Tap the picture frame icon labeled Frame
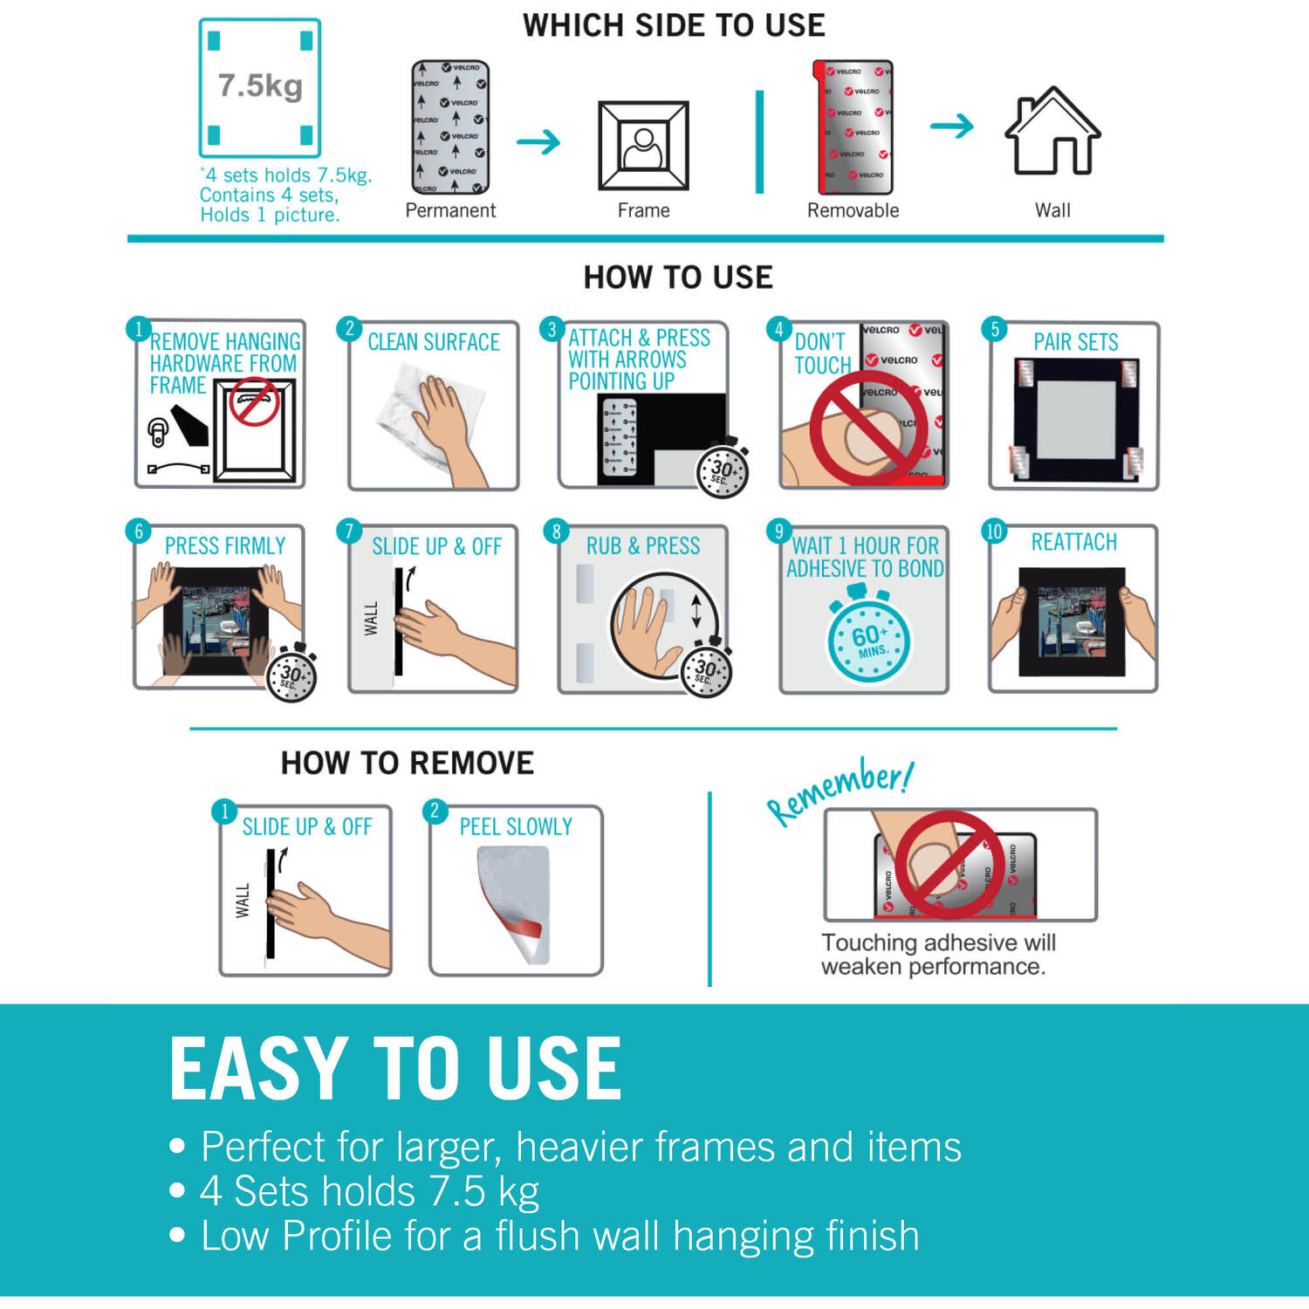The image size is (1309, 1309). tap(643, 145)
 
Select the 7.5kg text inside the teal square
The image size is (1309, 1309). tap(260, 86)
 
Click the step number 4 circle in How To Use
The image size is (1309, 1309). tap(779, 329)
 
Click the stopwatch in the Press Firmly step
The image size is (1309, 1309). tap(291, 672)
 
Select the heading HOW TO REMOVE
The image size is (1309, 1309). tap(407, 764)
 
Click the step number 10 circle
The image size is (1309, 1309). tap(994, 531)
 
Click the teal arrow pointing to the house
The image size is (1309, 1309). tap(952, 126)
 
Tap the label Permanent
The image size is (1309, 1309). tap(450, 210)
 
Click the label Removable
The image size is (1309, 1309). tap(853, 210)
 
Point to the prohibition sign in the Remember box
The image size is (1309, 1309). tap(948, 864)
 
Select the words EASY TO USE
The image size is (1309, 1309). tap(395, 1068)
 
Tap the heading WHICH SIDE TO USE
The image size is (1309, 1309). tap(674, 25)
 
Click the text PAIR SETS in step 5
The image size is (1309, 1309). tap(1076, 342)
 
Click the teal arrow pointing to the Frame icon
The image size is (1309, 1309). tap(538, 141)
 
